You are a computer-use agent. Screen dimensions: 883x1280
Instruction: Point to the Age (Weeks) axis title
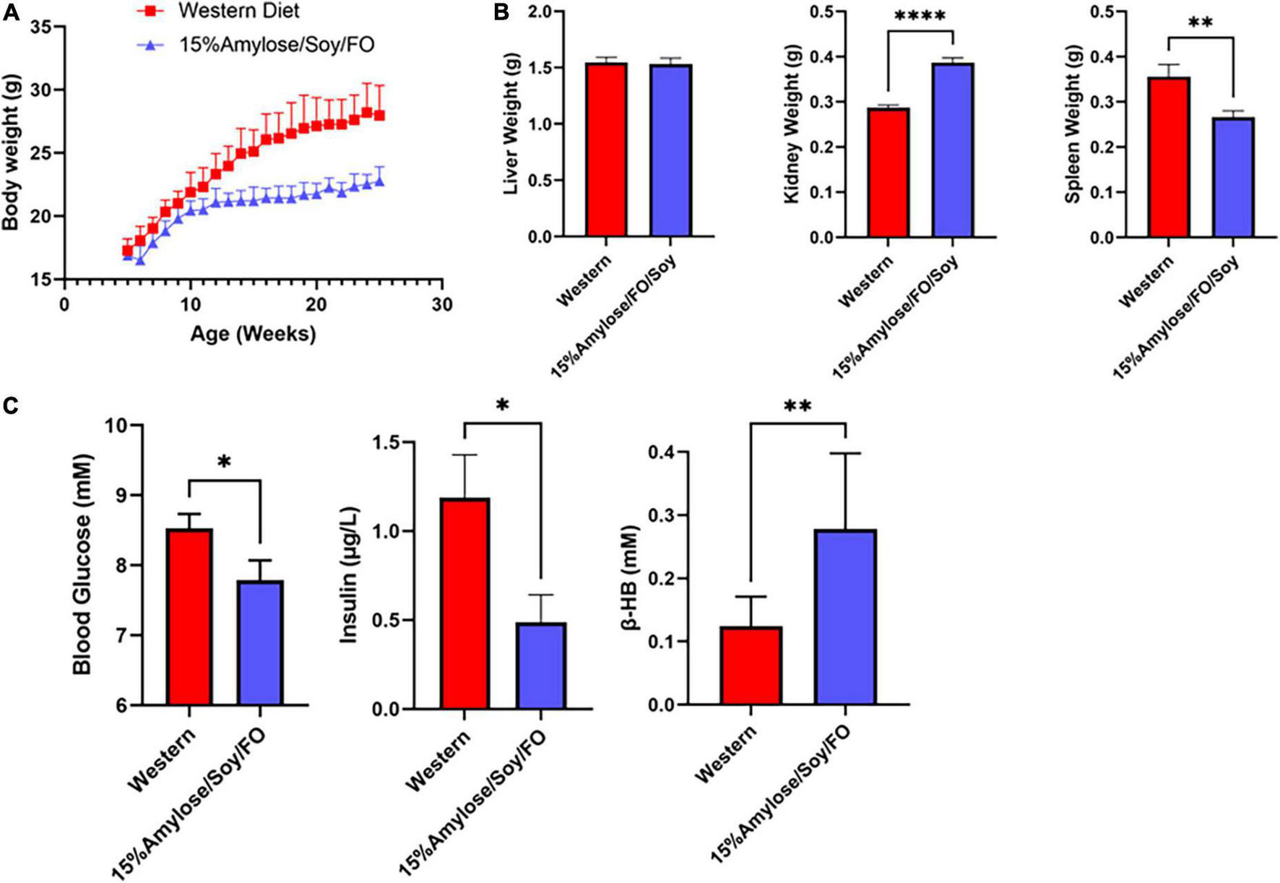[x=253, y=334]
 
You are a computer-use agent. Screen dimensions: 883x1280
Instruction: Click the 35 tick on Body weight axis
[x=42, y=27]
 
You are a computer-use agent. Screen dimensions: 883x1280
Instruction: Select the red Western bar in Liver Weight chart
[x=606, y=150]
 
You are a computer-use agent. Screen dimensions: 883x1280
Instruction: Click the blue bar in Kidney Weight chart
[x=952, y=150]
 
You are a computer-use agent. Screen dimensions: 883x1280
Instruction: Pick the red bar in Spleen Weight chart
[x=1168, y=158]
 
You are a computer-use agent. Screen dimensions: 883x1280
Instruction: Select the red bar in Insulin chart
[x=465, y=604]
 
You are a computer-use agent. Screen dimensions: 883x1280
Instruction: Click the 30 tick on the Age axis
[x=442, y=304]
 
